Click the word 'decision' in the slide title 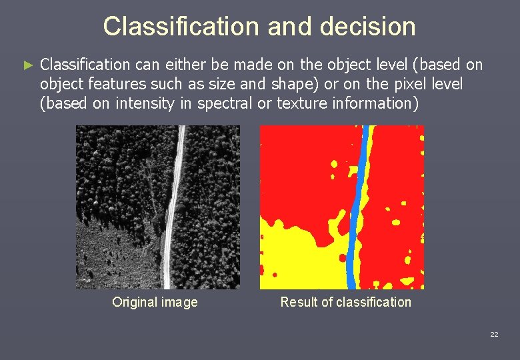coord(368,27)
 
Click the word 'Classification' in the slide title coord(182,27)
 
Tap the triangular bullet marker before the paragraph coord(27,65)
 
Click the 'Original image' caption coord(155,302)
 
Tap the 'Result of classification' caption coord(345,302)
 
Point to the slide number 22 coord(493,335)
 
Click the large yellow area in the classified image coord(293,253)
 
